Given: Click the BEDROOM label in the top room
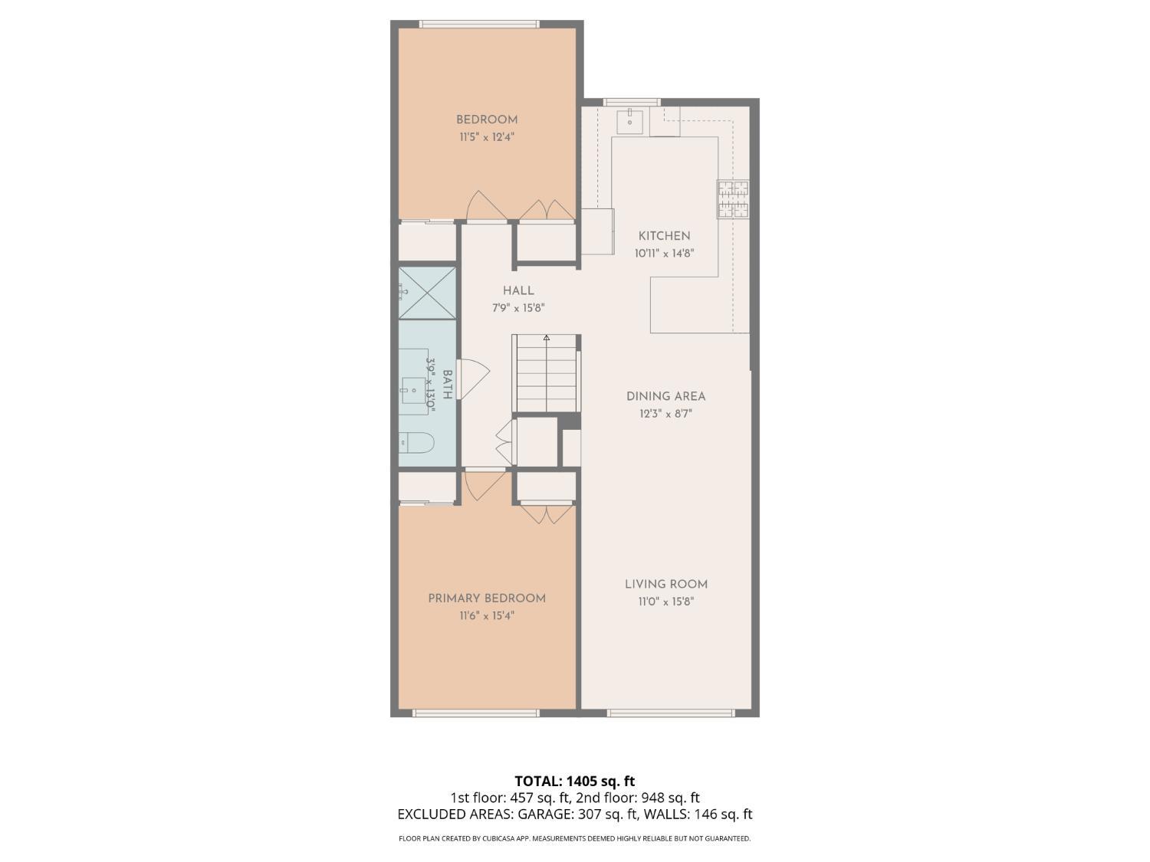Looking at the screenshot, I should pos(487,120).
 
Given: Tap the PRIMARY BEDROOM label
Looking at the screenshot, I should pos(487,598).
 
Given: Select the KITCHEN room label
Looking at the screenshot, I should pos(664,236).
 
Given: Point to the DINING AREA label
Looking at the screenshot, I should pos(665,396).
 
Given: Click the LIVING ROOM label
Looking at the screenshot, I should pos(665,584).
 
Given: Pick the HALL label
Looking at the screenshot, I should pos(518,290).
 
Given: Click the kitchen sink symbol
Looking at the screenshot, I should pos(630,121).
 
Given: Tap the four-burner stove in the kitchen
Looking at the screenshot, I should pos(733,199).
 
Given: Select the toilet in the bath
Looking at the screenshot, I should pos(416,443).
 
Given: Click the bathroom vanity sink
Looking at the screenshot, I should pos(414,391).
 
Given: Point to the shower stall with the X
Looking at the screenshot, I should pos(427,292).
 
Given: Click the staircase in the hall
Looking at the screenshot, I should pos(546,375).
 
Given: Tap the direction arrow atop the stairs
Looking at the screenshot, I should pos(547,337).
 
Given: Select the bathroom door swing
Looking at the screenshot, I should pos(474,379).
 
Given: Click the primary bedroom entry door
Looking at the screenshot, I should pos(483,484).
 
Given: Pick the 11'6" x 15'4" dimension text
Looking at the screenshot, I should pos(487,616).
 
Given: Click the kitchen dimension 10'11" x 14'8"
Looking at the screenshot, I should pos(664,254).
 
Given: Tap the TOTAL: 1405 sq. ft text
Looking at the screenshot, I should pos(574,782).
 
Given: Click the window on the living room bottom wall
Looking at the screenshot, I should pos(671,713).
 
